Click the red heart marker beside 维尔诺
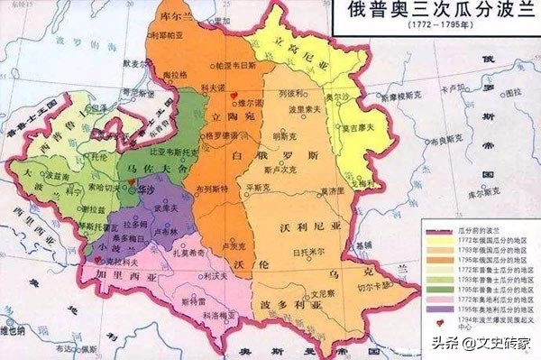coord(234,95)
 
